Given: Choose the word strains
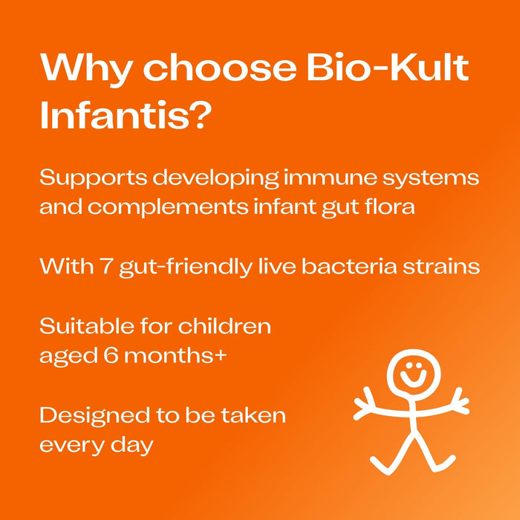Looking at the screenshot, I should (x=443, y=266).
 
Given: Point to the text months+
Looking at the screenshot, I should (x=176, y=355).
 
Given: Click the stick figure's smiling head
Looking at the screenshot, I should (x=410, y=371).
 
